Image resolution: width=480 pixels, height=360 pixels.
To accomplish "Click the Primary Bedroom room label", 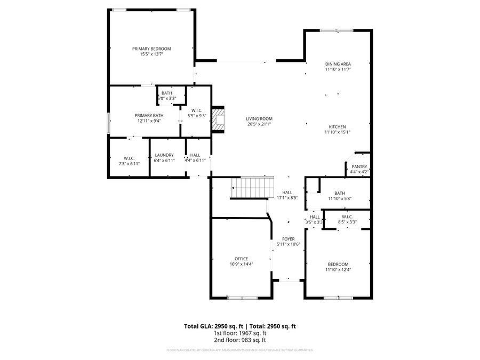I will tap(151, 49).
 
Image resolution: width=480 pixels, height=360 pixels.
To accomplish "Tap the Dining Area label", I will tap(338, 64).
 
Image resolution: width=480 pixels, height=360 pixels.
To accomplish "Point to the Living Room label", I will tap(259, 118).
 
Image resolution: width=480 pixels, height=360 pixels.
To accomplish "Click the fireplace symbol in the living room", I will tap(217, 119).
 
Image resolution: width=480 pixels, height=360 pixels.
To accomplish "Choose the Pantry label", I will tap(359, 167).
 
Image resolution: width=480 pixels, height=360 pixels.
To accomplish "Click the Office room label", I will tap(241, 259).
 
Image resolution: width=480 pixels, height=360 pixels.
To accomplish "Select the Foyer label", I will tap(289, 239).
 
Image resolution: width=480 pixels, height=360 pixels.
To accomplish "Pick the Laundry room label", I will tap(164, 155).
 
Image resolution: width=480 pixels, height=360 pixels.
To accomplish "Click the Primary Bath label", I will tap(149, 115).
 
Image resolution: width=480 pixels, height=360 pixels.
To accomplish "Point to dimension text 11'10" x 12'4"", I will tap(338, 270).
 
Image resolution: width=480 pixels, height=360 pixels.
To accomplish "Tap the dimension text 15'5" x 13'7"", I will tap(151, 54).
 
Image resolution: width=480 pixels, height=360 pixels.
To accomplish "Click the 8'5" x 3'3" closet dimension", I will tap(347, 222).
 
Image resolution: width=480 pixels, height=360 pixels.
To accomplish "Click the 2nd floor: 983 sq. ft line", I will tap(240, 340).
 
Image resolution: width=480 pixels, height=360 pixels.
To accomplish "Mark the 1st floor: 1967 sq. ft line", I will tap(240, 333).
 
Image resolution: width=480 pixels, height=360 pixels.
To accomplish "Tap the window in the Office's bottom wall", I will tap(235, 298).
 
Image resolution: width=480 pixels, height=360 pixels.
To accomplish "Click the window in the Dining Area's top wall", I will tap(336, 30).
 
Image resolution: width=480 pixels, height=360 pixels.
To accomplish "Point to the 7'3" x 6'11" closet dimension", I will tap(129, 163).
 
